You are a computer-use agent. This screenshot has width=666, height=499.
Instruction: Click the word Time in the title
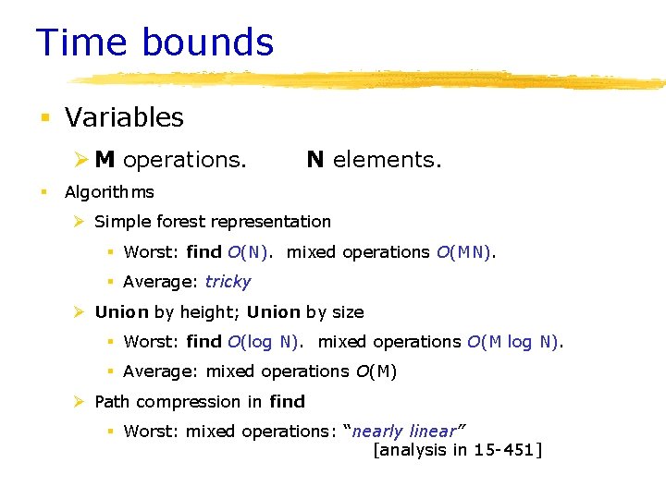click(80, 43)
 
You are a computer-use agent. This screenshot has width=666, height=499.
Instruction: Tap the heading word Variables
click(124, 117)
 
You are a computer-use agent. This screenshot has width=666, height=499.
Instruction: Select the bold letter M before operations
click(105, 160)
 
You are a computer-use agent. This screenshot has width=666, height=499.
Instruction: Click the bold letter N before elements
click(315, 160)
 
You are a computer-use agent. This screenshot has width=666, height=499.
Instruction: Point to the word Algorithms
click(109, 192)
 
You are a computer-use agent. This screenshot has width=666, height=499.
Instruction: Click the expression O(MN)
click(466, 252)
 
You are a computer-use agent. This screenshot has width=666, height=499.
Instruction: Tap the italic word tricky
click(228, 282)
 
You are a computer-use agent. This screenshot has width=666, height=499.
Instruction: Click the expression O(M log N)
click(514, 342)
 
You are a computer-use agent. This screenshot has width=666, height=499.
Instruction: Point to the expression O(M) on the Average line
click(376, 371)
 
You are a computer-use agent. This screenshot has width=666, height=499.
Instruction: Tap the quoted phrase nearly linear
click(404, 432)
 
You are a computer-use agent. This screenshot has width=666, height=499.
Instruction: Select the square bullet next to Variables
click(44, 118)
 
